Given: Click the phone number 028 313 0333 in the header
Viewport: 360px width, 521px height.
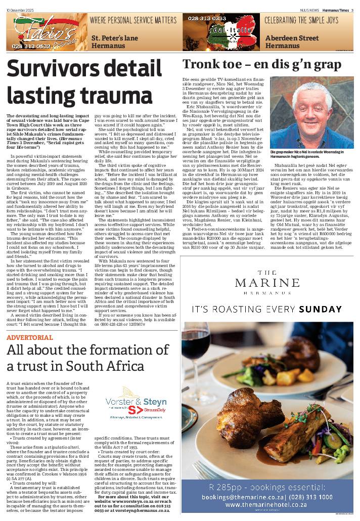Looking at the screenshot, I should click(207, 18).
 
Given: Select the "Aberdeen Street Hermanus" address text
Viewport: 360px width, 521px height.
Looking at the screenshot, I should click(288, 41).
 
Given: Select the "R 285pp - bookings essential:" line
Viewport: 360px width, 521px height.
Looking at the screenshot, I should click(269, 487).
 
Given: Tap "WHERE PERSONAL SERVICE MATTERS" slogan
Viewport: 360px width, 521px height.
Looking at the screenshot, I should click(134, 20).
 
